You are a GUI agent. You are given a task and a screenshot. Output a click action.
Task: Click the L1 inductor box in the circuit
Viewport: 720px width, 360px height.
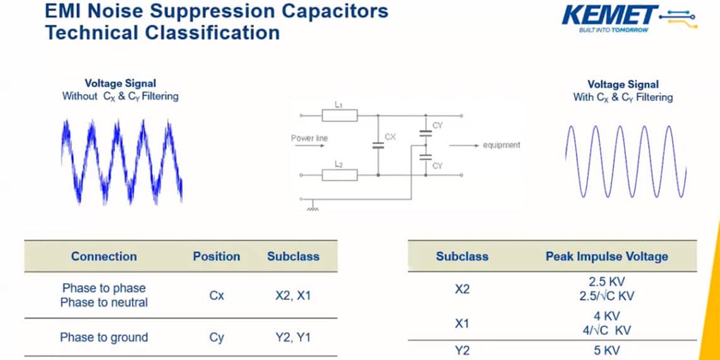(340, 116)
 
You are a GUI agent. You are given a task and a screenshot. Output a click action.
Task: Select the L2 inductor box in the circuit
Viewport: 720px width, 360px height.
(340, 175)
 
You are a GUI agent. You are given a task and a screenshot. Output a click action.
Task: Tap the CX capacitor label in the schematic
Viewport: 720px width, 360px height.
(390, 136)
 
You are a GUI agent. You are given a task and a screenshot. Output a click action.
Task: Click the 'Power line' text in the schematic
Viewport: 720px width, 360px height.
(309, 138)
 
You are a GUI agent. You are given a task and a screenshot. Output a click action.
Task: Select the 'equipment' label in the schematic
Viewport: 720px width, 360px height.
(501, 145)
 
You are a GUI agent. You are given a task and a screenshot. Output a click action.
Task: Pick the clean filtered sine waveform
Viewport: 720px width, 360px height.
(625, 161)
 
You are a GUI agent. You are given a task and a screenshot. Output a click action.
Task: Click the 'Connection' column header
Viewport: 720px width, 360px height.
(104, 256)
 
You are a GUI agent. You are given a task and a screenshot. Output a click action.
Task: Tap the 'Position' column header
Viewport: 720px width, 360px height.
(217, 256)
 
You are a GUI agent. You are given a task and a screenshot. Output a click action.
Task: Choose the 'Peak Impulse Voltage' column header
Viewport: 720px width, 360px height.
(606, 256)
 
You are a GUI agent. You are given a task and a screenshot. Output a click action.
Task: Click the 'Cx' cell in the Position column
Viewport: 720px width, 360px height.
(217, 295)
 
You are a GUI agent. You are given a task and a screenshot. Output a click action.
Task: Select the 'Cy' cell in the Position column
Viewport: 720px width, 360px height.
(217, 338)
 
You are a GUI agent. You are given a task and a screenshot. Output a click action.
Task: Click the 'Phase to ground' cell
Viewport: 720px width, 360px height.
(104, 338)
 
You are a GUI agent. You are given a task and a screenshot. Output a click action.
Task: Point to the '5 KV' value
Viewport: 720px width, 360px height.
(606, 351)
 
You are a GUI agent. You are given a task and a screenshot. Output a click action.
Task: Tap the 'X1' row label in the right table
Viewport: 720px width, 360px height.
(462, 323)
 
